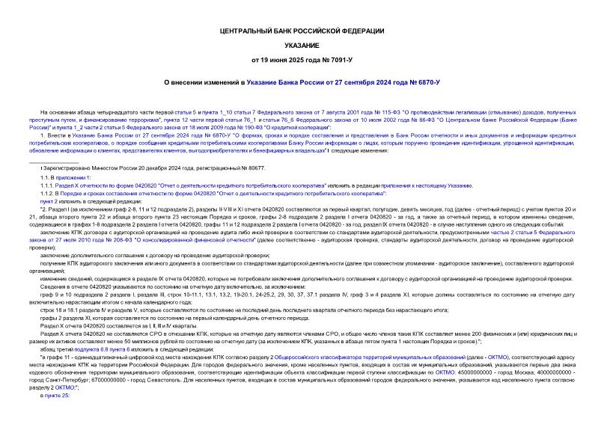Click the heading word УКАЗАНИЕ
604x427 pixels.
tap(302, 46)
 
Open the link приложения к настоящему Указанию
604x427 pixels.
tap(427, 185)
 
